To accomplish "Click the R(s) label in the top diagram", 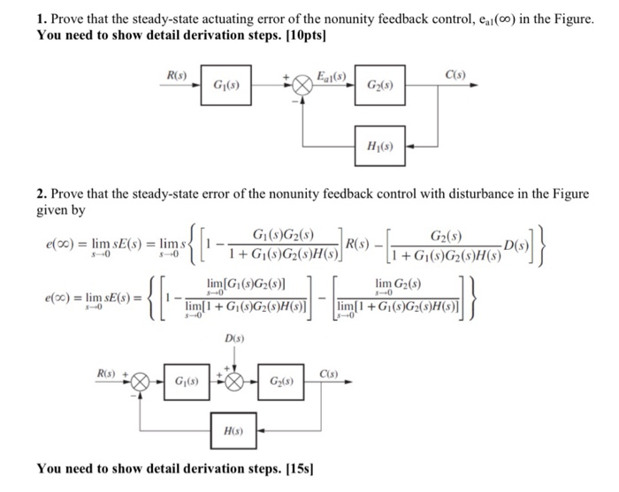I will [177, 75].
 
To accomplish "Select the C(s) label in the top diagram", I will [455, 74].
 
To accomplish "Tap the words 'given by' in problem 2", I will [64, 210].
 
